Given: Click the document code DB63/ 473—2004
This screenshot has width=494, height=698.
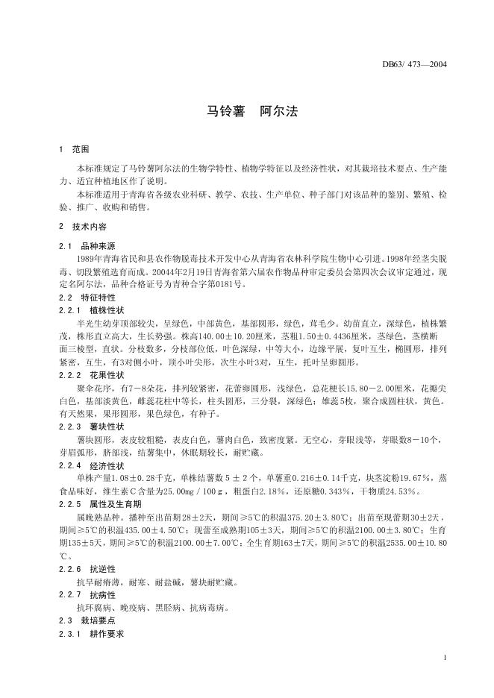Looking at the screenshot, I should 413,65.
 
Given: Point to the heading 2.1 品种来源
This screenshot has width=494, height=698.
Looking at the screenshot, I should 88,245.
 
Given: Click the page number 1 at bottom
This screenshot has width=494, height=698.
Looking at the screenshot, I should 445,657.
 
